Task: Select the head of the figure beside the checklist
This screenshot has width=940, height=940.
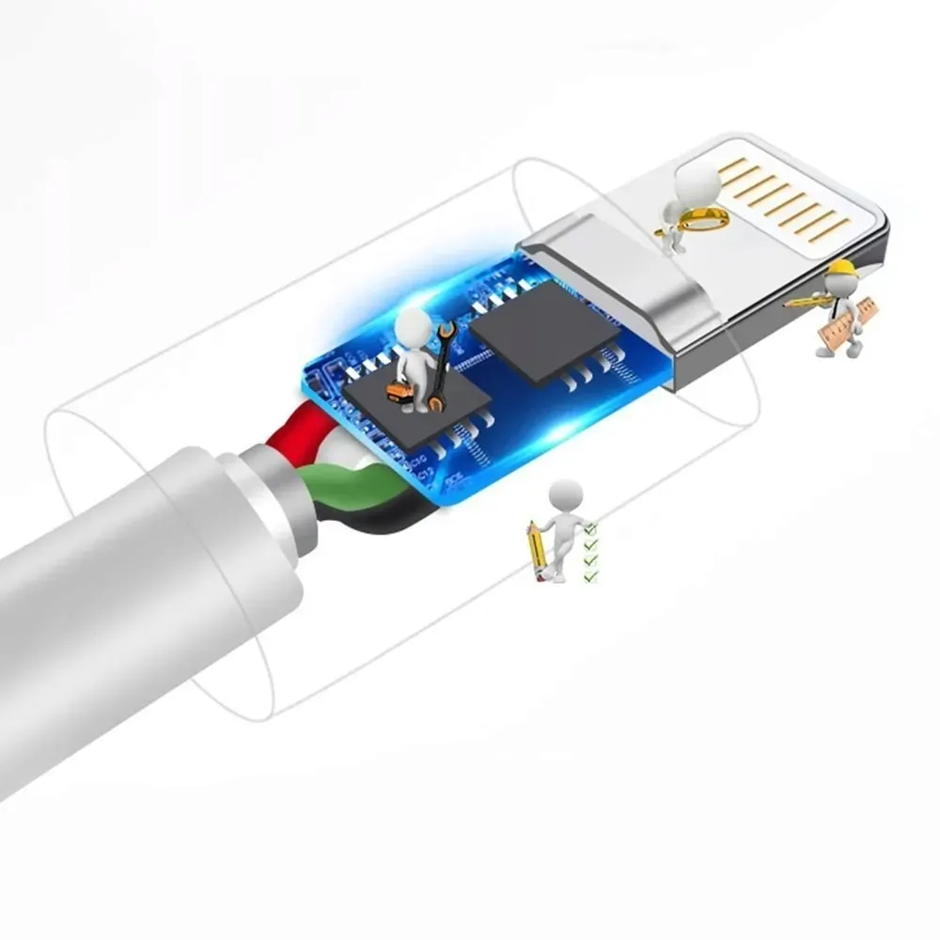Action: click(563, 493)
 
